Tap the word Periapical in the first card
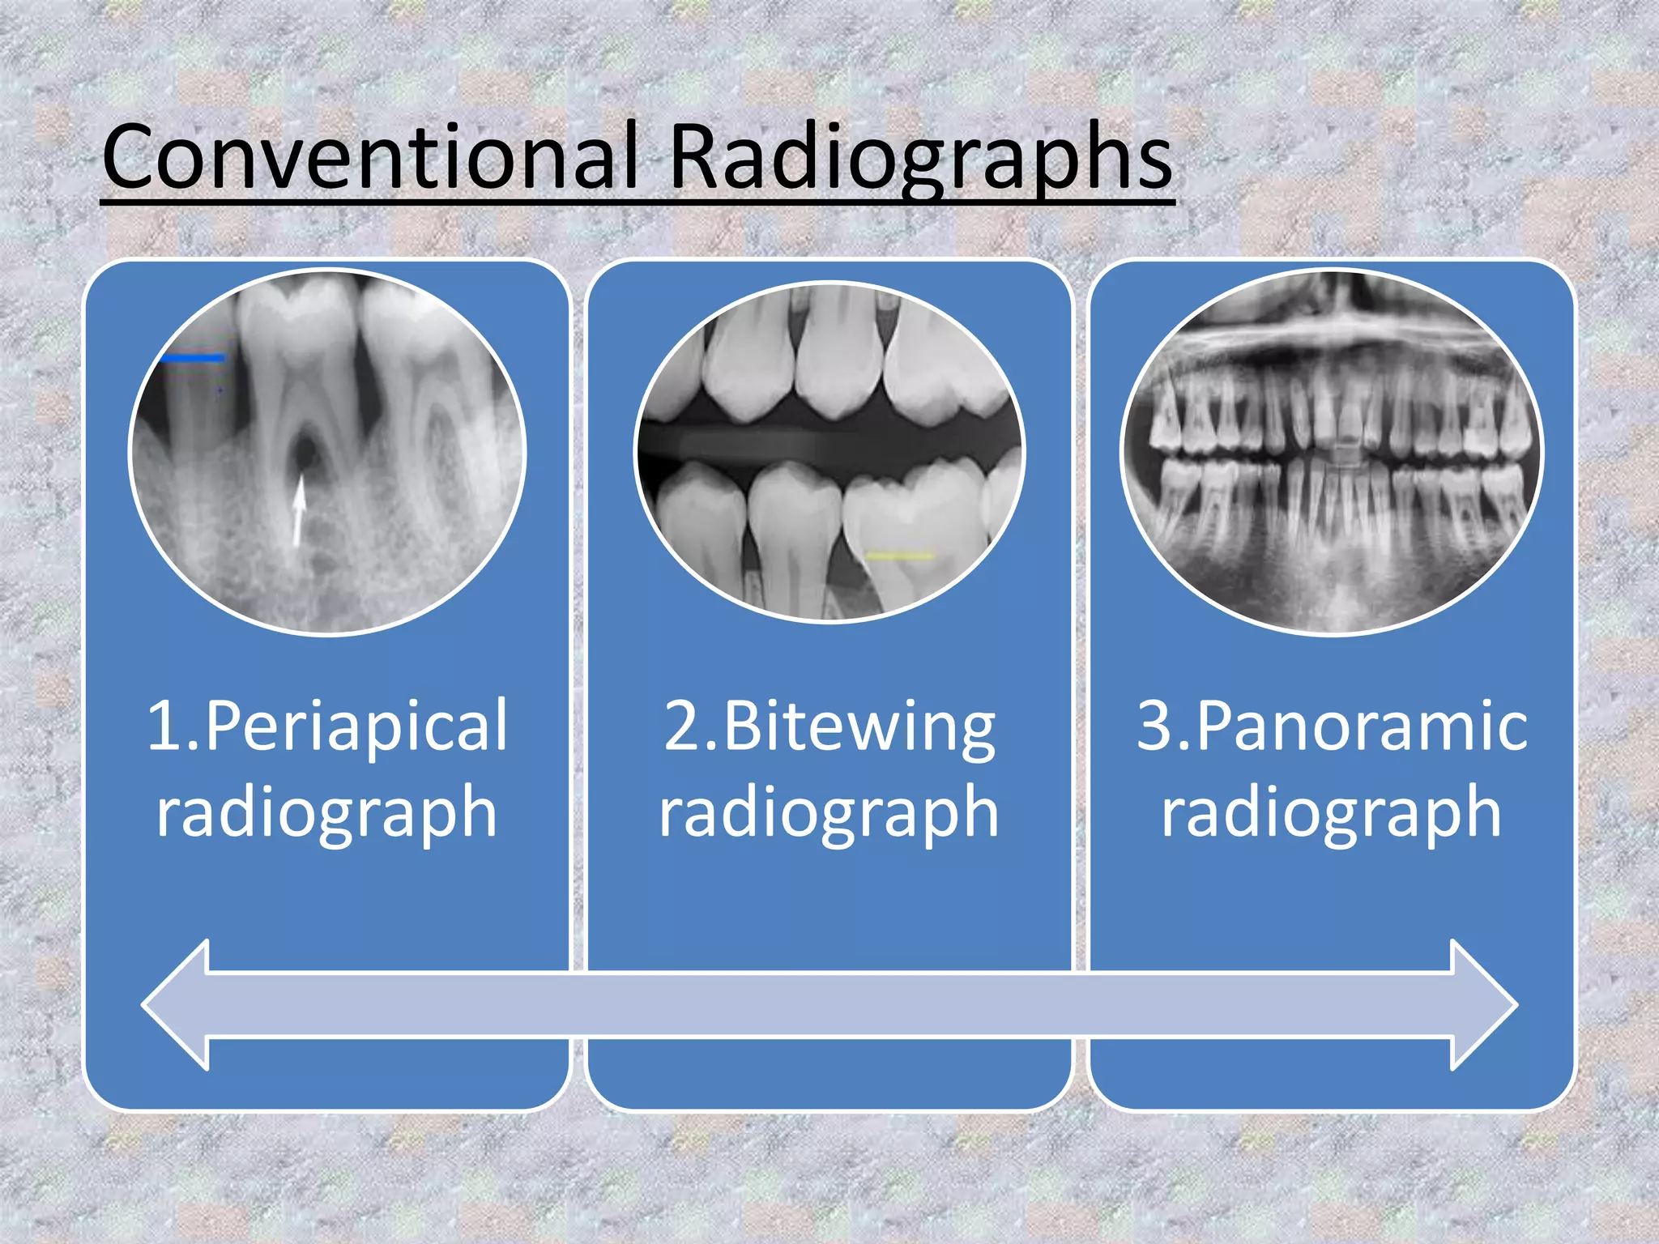356,726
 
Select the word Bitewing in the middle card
859,726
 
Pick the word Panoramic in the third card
1361,726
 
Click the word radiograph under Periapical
326,812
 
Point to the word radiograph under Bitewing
829,812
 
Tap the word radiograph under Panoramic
1332,812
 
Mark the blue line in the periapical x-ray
192,357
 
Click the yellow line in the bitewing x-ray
899,556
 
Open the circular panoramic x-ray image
1332,452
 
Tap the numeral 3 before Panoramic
1154,726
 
